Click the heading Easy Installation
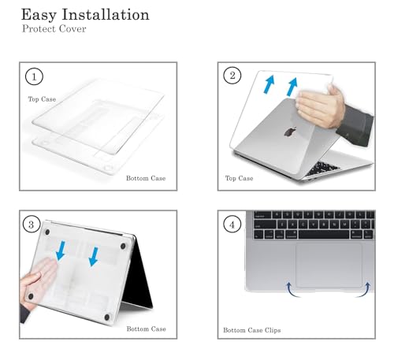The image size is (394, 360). click(x=85, y=15)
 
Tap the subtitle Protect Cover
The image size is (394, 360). click(x=54, y=28)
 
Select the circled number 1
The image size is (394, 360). click(x=34, y=76)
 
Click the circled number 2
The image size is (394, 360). click(x=232, y=76)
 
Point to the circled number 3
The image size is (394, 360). click(x=32, y=225)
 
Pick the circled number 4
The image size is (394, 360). click(x=232, y=225)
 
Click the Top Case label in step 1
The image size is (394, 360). click(x=42, y=99)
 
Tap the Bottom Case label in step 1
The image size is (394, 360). click(x=146, y=178)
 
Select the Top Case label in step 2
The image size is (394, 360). click(x=239, y=178)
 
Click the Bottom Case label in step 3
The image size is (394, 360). click(x=146, y=328)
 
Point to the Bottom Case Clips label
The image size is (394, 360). click(x=252, y=330)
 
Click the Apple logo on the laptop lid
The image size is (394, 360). click(x=290, y=132)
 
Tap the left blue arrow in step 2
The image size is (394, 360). click(x=269, y=84)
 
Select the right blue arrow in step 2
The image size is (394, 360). click(x=292, y=87)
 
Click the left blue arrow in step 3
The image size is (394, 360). click(x=61, y=251)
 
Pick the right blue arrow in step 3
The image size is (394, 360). click(x=94, y=257)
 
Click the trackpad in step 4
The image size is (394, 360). click(x=329, y=265)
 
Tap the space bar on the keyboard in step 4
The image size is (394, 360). click(x=324, y=235)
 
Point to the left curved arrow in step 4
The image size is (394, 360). click(x=292, y=290)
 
